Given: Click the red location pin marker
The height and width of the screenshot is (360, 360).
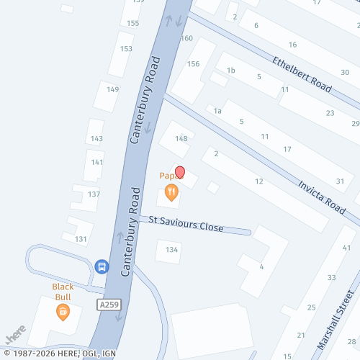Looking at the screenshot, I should pyautogui.click(x=180, y=173).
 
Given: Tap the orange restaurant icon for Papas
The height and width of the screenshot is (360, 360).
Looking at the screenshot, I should pyautogui.click(x=171, y=192).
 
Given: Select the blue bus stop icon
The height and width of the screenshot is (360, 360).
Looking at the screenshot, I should pyautogui.click(x=102, y=266).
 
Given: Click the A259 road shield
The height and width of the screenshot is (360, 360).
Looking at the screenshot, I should pyautogui.click(x=108, y=306).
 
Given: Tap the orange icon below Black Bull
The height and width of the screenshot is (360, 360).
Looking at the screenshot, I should pyautogui.click(x=63, y=311).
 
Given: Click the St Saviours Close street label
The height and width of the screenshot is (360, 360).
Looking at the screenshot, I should pyautogui.click(x=186, y=224).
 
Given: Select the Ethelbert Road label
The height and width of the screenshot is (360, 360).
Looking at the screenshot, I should pyautogui.click(x=302, y=74).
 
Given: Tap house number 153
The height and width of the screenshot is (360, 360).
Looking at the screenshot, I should pyautogui.click(x=126, y=49).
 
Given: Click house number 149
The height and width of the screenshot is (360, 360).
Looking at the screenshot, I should pyautogui.click(x=112, y=89).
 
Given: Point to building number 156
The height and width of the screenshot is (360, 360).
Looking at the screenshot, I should pyautogui.click(x=193, y=64).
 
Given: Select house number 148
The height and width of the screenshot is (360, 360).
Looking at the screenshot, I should pyautogui.click(x=181, y=138).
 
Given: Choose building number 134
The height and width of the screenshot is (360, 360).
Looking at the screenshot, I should pyautogui.click(x=171, y=250).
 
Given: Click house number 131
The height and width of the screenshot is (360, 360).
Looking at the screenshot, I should pyautogui.click(x=81, y=239).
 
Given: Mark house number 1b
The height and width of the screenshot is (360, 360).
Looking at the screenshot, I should pyautogui.click(x=231, y=71).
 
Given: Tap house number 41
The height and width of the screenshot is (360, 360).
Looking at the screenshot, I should pyautogui.click(x=346, y=248).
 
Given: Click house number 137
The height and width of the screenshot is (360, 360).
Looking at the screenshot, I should pyautogui.click(x=94, y=194).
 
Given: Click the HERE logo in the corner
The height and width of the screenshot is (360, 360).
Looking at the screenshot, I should pyautogui.click(x=16, y=336).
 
